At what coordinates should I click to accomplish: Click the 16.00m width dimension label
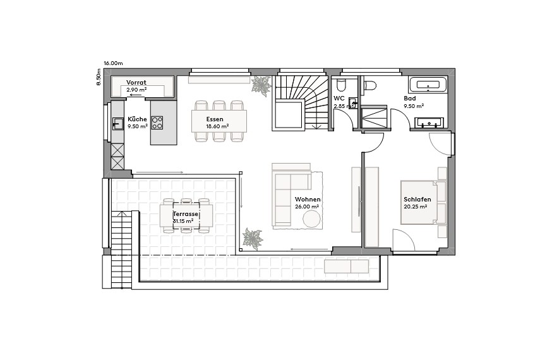coord(113,63)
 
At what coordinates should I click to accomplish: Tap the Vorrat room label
coord(136,83)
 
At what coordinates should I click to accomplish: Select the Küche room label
coord(137,119)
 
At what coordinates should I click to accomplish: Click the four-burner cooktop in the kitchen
coord(157,123)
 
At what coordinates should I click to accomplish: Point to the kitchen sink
coord(117,123)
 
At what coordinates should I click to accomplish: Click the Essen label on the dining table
coord(215,119)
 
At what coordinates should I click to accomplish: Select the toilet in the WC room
coord(341,85)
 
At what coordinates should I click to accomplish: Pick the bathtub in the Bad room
coord(428,85)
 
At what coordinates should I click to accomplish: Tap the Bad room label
coord(410,99)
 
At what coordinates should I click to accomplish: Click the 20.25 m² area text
coord(416,207)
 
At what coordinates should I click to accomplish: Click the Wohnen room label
coord(307,200)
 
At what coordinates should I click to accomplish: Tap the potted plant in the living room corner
coord(253,239)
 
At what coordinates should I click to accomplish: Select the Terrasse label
coord(186,215)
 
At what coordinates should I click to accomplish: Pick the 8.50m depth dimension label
coord(99,76)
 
